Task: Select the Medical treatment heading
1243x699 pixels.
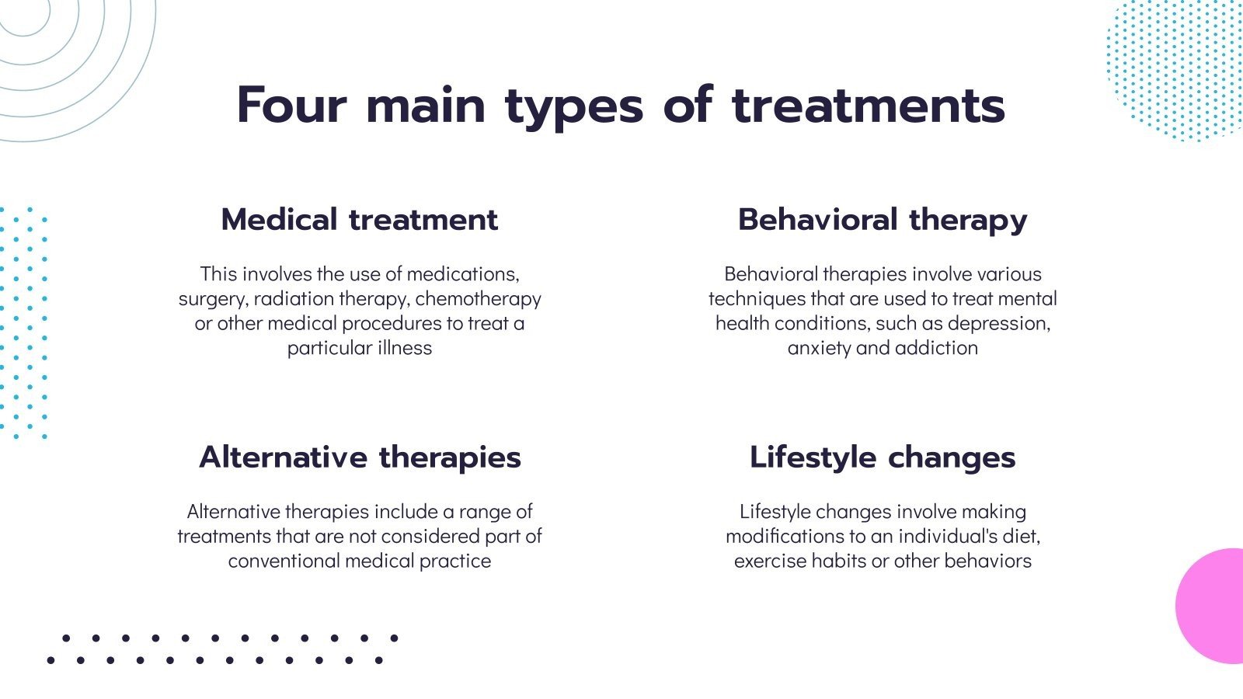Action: pos(360,219)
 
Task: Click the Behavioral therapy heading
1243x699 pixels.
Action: pos(883,221)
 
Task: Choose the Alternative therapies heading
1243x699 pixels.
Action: pos(360,457)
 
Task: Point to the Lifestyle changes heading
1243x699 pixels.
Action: pos(883,457)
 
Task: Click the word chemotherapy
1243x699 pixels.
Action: pos(478,299)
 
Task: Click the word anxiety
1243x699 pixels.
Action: pos(819,349)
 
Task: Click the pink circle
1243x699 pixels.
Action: pos(1210,606)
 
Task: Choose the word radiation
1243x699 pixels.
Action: pos(294,299)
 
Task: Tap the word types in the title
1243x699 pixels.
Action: pos(574,109)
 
